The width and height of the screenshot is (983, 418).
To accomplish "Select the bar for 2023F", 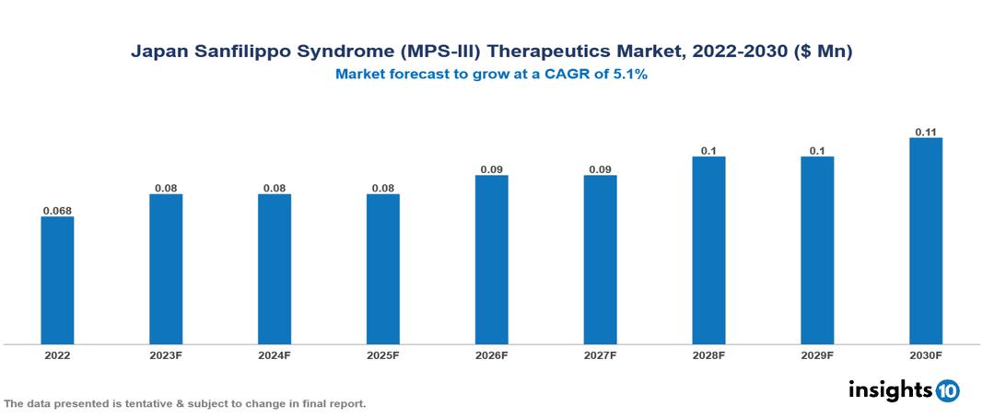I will (x=166, y=269).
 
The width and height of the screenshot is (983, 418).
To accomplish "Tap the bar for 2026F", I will (x=492, y=260).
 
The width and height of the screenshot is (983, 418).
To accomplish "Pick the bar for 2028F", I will (x=708, y=250).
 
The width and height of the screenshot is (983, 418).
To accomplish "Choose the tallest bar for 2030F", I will (x=926, y=241).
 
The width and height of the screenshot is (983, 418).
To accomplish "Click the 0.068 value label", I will (x=57, y=211).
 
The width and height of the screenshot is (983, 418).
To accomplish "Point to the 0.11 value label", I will (x=926, y=132).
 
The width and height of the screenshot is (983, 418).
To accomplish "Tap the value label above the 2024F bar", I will (x=275, y=188).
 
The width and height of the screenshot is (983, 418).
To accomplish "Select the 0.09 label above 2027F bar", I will (x=600, y=169).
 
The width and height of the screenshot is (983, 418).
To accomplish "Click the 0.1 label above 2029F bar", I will (x=817, y=151).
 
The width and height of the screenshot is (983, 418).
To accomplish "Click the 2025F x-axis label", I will (x=383, y=355).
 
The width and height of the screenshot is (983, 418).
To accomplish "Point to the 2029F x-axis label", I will (x=817, y=355).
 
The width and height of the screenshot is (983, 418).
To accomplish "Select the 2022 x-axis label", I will (x=57, y=355).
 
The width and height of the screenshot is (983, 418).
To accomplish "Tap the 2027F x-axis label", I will (x=600, y=355).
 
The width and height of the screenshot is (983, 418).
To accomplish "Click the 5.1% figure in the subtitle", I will (x=629, y=75).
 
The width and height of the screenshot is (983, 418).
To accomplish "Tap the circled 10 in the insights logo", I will (x=947, y=390).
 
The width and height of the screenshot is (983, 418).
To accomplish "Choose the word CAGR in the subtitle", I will (x=569, y=75).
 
